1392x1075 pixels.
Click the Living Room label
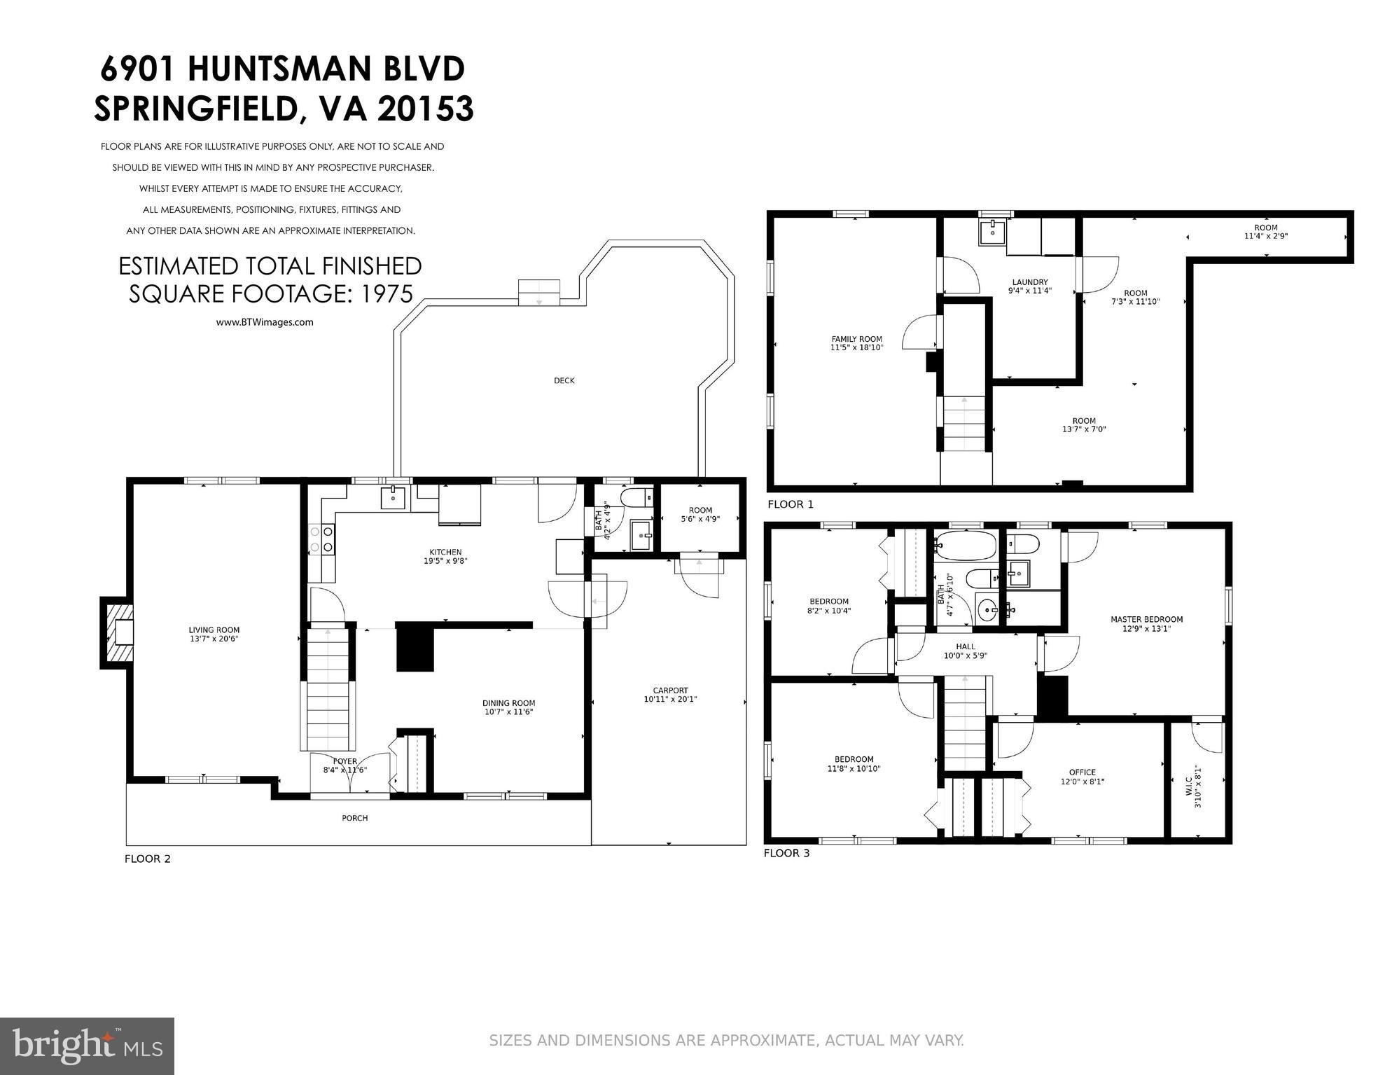pyautogui.click(x=214, y=630)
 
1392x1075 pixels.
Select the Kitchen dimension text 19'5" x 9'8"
pyautogui.click(x=446, y=561)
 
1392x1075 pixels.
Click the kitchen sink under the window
pyautogui.click(x=394, y=498)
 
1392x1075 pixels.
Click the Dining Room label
pyautogui.click(x=508, y=703)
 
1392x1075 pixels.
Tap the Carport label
pyautogui.click(x=670, y=690)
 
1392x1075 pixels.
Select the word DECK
pyautogui.click(x=564, y=381)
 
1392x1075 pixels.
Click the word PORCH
pyautogui.click(x=355, y=818)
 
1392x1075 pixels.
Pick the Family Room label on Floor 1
pyautogui.click(x=856, y=339)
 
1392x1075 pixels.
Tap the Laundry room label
pyautogui.click(x=1029, y=282)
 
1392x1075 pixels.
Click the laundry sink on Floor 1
pyautogui.click(x=992, y=231)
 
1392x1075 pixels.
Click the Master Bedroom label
pyautogui.click(x=1146, y=619)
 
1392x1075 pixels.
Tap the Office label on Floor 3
pyautogui.click(x=1082, y=772)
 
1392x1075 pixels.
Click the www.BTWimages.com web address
pyautogui.click(x=264, y=323)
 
